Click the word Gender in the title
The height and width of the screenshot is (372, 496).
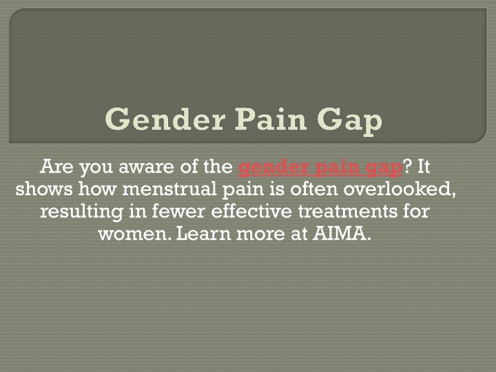coord(165,119)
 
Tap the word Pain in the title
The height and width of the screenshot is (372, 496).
coord(271,119)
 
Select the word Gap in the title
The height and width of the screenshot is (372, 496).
coord(349,122)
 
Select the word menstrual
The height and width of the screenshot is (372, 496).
coord(169,189)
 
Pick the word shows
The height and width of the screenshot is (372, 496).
coord(44,189)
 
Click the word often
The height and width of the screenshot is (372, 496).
coord(314,189)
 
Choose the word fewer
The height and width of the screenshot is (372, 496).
coord(178,211)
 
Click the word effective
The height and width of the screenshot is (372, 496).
coord(251,211)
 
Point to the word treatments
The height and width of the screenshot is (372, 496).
coord(347,211)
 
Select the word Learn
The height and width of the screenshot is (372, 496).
coord(203,234)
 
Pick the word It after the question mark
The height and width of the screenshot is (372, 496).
coord(424,167)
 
